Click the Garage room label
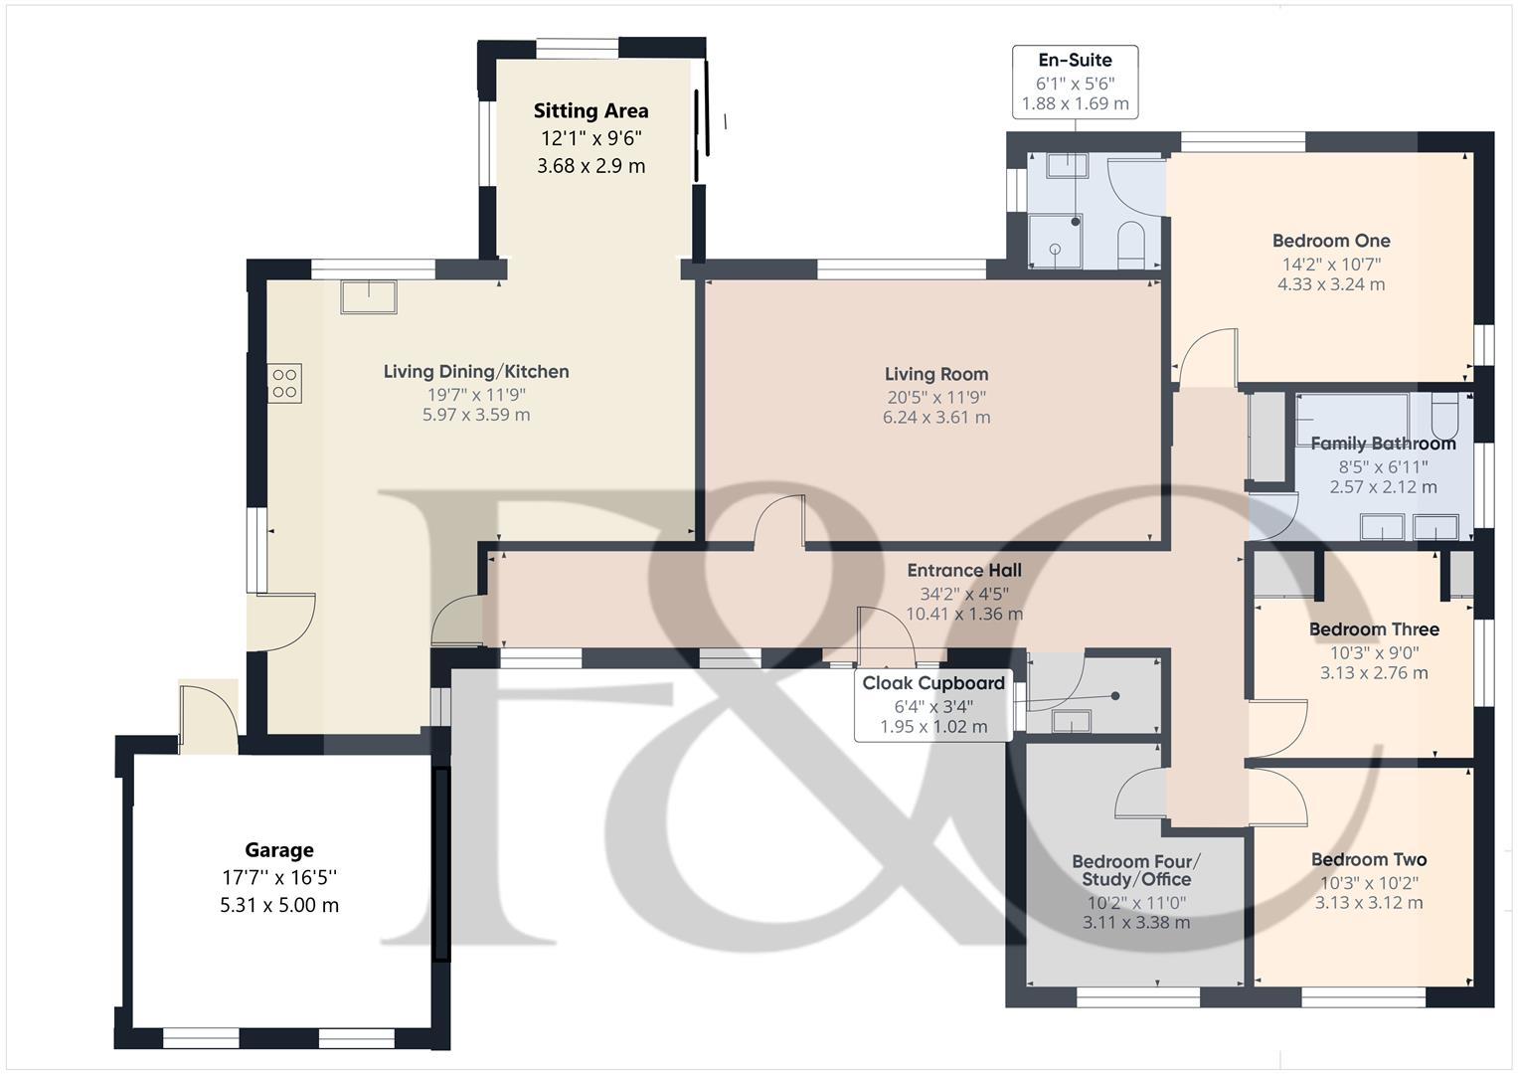pyautogui.click(x=279, y=850)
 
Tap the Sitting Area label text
pyautogui.click(x=590, y=111)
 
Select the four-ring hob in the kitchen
pyautogui.click(x=284, y=384)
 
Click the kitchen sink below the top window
pyautogui.click(x=369, y=297)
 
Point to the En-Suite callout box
pyautogui.click(x=1075, y=82)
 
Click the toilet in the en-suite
pyautogui.click(x=1132, y=244)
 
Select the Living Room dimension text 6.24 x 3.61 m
pyautogui.click(x=936, y=418)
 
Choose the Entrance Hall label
pyautogui.click(x=963, y=571)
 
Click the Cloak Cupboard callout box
pyautogui.click(x=932, y=705)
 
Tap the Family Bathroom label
pyautogui.click(x=1383, y=444)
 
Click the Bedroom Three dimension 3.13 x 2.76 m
pyautogui.click(x=1374, y=673)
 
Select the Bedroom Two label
pyautogui.click(x=1368, y=860)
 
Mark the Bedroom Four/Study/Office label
pyautogui.click(x=1136, y=870)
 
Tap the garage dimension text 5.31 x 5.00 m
pyautogui.click(x=279, y=906)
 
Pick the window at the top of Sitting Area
pyautogui.click(x=578, y=46)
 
